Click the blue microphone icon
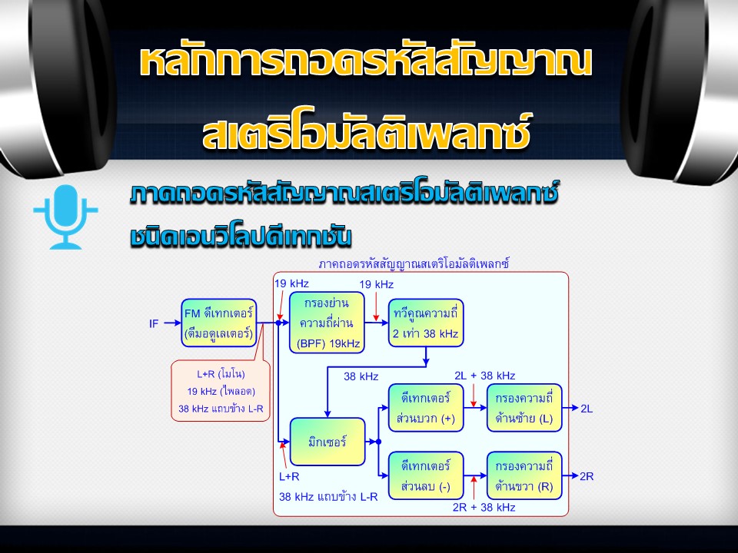point(65,217)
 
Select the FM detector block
point(219,323)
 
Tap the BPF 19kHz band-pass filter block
point(327,323)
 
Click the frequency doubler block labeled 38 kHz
point(425,323)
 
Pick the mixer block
point(327,442)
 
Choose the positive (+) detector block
point(426,408)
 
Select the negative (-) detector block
point(426,475)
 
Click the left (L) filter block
point(524,408)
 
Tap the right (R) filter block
point(524,475)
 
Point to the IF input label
point(154,323)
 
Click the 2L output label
point(587,408)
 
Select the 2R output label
point(587,476)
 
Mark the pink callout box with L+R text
point(221,390)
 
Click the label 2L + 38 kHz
point(485,376)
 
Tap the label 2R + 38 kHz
point(484,507)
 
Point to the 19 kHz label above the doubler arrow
point(377,284)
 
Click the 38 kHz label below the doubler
point(361,376)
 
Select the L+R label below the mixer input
point(289,476)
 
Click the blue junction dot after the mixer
point(378,442)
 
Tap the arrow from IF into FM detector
point(172,323)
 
